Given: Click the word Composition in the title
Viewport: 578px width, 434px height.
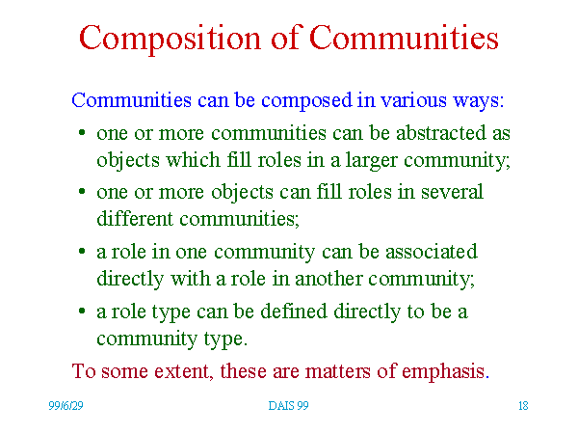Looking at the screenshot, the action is [170, 39].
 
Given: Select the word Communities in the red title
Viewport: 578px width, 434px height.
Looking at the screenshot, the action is [404, 37].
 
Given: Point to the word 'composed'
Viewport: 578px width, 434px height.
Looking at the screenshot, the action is [306, 101].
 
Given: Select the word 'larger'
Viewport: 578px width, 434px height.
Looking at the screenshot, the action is [371, 161].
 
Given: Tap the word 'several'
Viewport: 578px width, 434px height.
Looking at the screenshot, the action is [452, 192].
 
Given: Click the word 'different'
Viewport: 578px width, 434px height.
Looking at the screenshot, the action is [135, 219].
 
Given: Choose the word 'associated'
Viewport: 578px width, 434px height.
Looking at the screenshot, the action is [432, 252].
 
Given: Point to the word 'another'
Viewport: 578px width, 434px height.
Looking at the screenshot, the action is [328, 279].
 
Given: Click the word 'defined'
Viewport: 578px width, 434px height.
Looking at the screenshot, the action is [294, 312].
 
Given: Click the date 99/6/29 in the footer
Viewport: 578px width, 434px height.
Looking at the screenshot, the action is [66, 406].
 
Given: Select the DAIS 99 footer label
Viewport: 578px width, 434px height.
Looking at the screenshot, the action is [288, 406].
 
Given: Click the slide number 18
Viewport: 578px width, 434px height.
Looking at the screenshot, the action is [523, 406].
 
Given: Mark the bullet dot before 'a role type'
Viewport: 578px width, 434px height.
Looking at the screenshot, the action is [82, 312].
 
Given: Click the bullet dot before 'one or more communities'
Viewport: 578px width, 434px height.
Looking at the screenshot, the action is [82, 132].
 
